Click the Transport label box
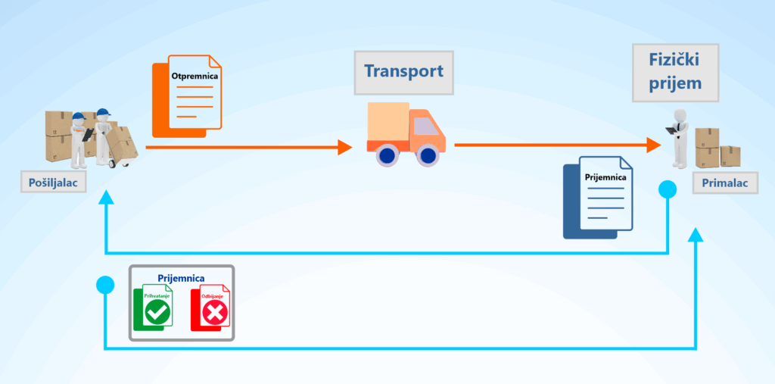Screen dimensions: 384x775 403,72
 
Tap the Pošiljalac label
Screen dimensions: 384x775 54,182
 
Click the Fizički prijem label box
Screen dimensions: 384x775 675,73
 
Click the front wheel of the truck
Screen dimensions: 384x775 428,157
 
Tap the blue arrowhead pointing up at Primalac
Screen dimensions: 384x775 696,235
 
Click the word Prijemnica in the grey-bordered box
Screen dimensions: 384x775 181,278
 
